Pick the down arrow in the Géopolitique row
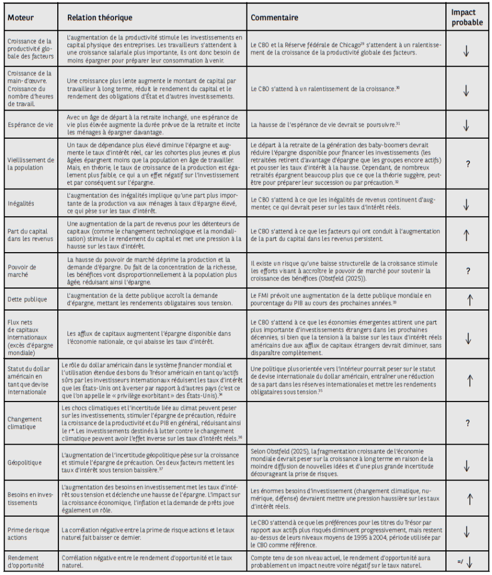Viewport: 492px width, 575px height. click(x=467, y=464)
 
